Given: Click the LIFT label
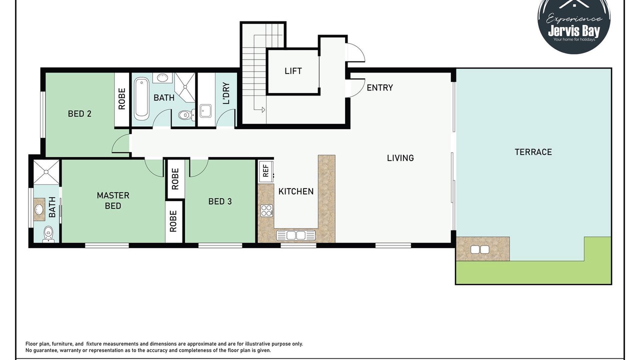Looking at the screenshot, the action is click(x=293, y=71).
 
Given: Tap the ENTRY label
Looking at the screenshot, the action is click(x=379, y=87).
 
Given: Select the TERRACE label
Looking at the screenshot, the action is click(x=533, y=152).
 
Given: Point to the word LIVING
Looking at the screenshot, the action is click(x=400, y=158).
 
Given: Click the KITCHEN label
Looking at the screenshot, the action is click(x=296, y=191).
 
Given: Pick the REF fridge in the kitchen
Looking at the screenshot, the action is click(x=266, y=171).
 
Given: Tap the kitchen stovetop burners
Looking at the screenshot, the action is click(x=266, y=210).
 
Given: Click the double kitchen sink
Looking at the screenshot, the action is click(x=295, y=235).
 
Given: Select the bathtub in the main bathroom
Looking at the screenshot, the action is click(x=141, y=99).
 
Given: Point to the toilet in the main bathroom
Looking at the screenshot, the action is click(x=186, y=115).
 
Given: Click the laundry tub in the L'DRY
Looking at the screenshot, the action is click(x=205, y=111).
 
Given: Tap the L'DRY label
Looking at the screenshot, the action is click(x=226, y=93).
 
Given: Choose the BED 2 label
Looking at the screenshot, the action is click(x=79, y=114).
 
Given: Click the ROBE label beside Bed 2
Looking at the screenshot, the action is click(x=121, y=99).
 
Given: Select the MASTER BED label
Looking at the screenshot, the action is click(x=113, y=200).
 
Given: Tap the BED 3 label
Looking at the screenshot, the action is click(x=220, y=201).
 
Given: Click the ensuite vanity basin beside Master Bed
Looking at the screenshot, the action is click(x=39, y=209).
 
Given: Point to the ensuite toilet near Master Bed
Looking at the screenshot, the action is click(x=48, y=234).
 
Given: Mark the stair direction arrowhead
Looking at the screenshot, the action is click(x=263, y=109).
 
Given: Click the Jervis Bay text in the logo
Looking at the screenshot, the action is click(x=574, y=31).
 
